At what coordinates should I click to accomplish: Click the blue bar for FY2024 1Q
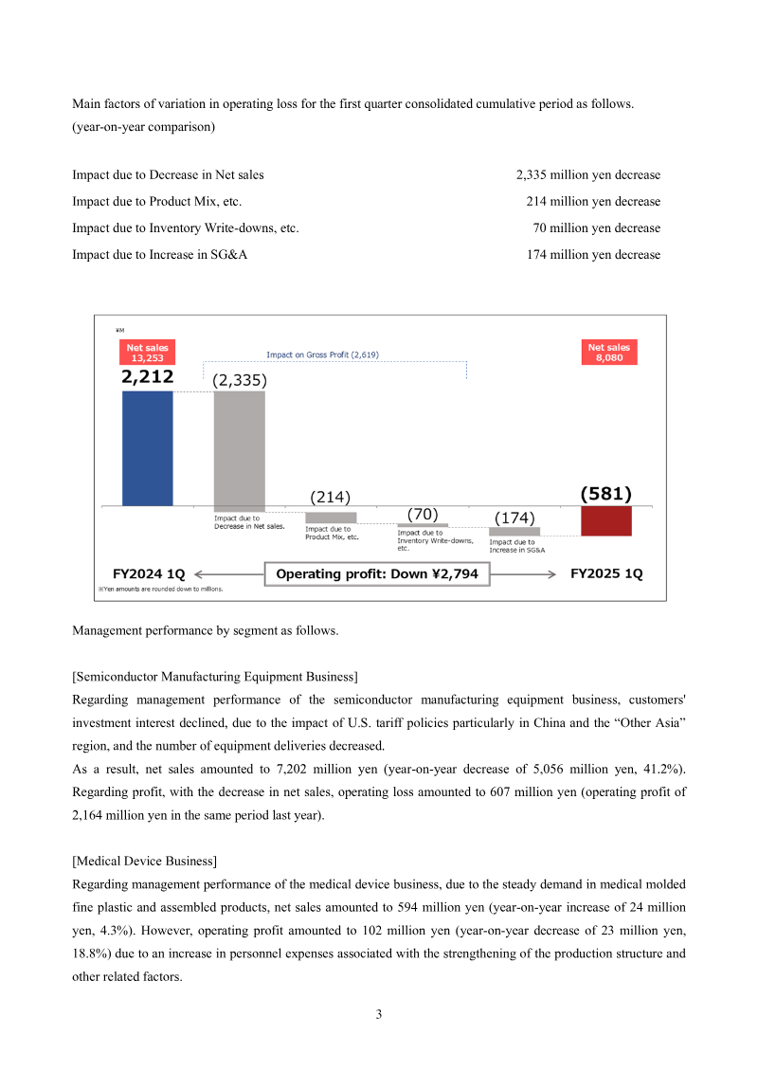pyautogui.click(x=148, y=448)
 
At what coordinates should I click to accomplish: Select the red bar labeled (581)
pyautogui.click(x=605, y=520)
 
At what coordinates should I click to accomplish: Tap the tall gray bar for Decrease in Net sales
pyautogui.click(x=239, y=451)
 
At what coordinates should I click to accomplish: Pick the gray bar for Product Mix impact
pyautogui.click(x=331, y=518)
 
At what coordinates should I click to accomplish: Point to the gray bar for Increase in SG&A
pyautogui.click(x=514, y=532)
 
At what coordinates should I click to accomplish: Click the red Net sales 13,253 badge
pyautogui.click(x=147, y=353)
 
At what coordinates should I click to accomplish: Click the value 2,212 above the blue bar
pyautogui.click(x=147, y=377)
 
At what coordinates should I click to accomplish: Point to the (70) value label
pyautogui.click(x=423, y=514)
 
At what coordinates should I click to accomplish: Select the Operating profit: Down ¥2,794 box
pyautogui.click(x=377, y=573)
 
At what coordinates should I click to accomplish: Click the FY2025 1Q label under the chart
pyautogui.click(x=606, y=574)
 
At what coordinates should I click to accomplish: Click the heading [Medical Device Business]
pyautogui.click(x=144, y=861)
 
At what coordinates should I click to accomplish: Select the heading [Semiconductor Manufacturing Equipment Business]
pyautogui.click(x=214, y=676)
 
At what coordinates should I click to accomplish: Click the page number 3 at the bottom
pyautogui.click(x=379, y=1015)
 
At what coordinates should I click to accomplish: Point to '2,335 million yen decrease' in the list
pyautogui.click(x=587, y=175)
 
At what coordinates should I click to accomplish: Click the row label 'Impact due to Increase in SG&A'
pyautogui.click(x=160, y=255)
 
